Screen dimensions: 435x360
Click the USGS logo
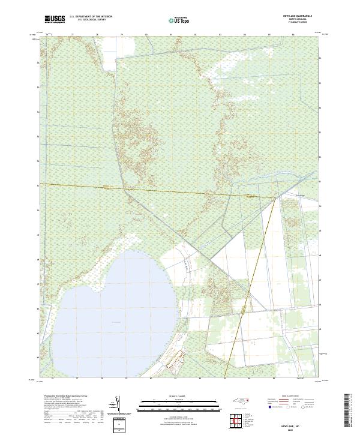point(55,19)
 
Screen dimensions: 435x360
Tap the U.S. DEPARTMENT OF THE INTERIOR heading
point(91,17)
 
